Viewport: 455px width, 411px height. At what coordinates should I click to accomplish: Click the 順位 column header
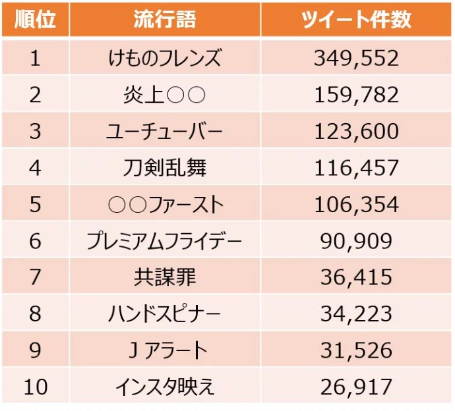tap(35, 20)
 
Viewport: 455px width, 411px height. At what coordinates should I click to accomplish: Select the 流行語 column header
tap(165, 20)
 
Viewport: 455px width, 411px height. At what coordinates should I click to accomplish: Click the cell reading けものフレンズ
tap(165, 58)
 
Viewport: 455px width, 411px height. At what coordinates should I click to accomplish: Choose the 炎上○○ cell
tap(165, 95)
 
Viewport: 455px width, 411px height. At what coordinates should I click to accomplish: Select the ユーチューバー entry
tap(165, 131)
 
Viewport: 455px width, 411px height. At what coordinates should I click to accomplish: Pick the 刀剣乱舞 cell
tap(165, 168)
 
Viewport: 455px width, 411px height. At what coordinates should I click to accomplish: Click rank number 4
tap(35, 168)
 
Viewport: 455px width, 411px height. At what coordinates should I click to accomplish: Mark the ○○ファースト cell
tap(165, 204)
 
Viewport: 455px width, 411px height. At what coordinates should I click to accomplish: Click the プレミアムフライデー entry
tap(165, 241)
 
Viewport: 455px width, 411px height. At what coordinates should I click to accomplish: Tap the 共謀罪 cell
tap(165, 277)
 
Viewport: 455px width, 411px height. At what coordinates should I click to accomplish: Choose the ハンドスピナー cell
tap(165, 314)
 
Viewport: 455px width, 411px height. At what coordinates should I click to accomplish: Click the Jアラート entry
tap(165, 350)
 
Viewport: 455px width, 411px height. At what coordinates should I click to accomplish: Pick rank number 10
tap(35, 387)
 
